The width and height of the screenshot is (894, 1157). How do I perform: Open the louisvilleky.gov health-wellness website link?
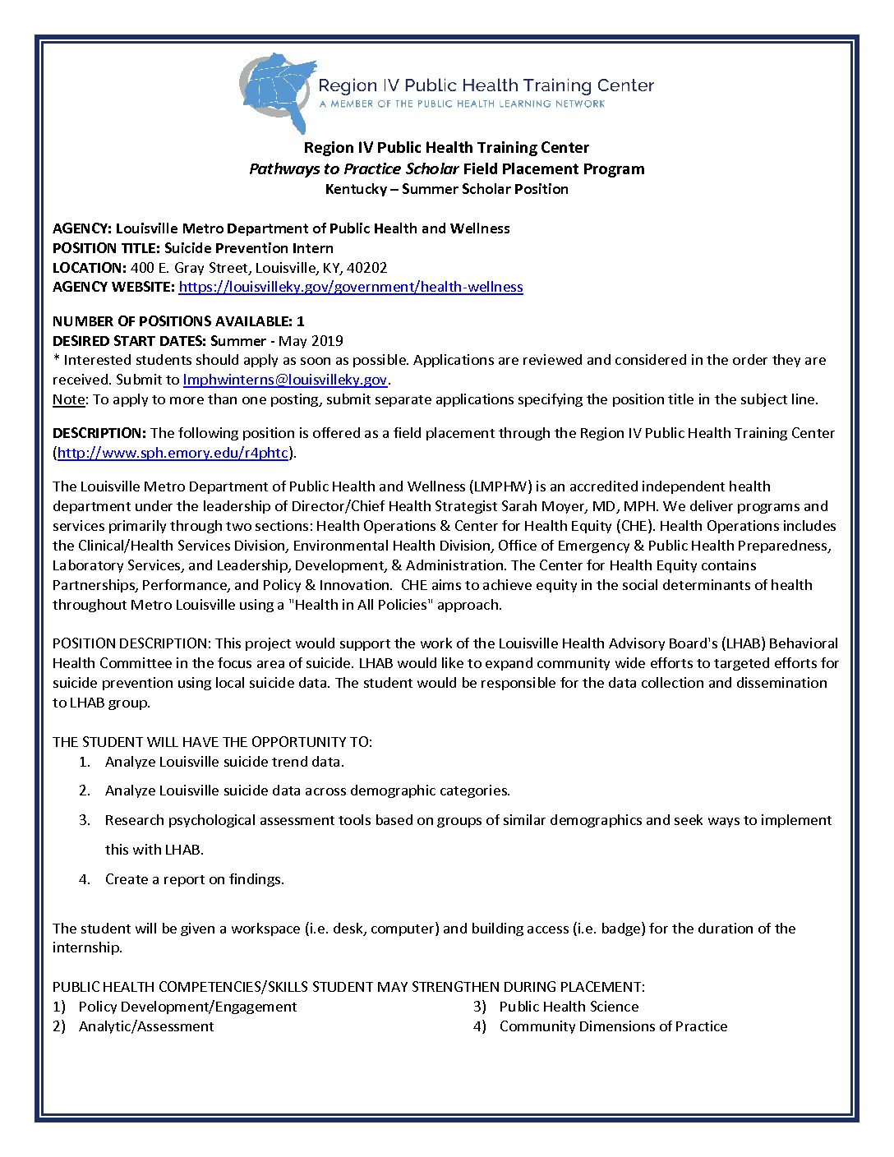click(x=351, y=287)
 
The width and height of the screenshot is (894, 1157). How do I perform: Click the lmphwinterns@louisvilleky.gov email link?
click(x=285, y=380)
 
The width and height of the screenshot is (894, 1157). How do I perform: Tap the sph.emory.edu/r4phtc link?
click(x=173, y=453)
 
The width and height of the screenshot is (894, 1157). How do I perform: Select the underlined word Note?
click(x=68, y=399)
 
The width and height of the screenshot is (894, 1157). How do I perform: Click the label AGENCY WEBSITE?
click(x=113, y=287)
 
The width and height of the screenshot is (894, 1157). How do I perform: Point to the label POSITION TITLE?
click(x=107, y=248)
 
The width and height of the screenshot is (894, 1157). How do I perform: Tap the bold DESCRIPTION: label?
click(x=99, y=433)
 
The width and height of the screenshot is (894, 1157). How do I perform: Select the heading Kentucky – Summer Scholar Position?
click(x=446, y=189)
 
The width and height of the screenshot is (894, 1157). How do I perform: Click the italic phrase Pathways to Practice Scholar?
click(x=353, y=169)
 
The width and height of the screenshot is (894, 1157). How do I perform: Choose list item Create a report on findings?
click(x=194, y=879)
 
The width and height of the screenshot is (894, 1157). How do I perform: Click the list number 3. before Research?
click(x=85, y=820)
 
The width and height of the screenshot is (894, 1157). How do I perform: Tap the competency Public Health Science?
click(x=569, y=1007)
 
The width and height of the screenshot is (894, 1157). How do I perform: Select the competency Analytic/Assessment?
click(x=146, y=1026)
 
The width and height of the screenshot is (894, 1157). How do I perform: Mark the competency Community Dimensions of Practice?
click(x=613, y=1026)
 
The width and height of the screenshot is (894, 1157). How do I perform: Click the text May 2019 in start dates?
click(x=311, y=341)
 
